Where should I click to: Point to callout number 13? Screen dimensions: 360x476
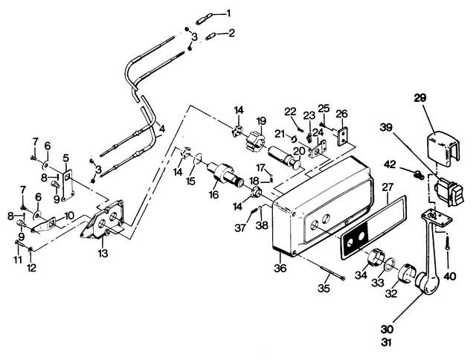pyautogui.click(x=103, y=254)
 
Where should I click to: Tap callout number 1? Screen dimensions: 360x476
pyautogui.click(x=229, y=13)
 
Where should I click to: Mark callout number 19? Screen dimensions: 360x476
pyautogui.click(x=261, y=120)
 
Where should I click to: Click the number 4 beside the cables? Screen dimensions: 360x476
pyautogui.click(x=163, y=128)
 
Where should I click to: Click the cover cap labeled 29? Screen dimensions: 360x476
pyautogui.click(x=443, y=147)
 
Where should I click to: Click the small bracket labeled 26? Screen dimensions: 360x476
pyautogui.click(x=343, y=138)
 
